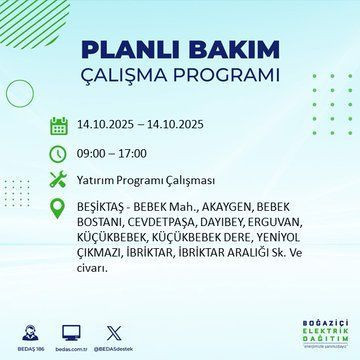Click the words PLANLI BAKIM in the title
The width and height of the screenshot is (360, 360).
point(179,51)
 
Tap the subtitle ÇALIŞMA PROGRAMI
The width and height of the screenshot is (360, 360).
point(179,76)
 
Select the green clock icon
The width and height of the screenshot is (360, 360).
point(58,154)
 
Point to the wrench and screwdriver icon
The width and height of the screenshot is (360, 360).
point(58,180)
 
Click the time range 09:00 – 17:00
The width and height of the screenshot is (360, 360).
point(113,155)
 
